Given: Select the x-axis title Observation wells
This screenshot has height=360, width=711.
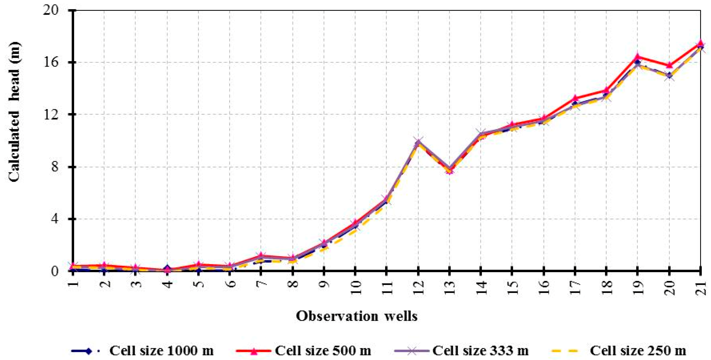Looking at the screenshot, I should (x=357, y=316).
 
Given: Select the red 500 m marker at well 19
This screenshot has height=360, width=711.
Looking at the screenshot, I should (x=638, y=56).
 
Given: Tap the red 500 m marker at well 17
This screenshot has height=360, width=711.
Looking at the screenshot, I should (x=575, y=98).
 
